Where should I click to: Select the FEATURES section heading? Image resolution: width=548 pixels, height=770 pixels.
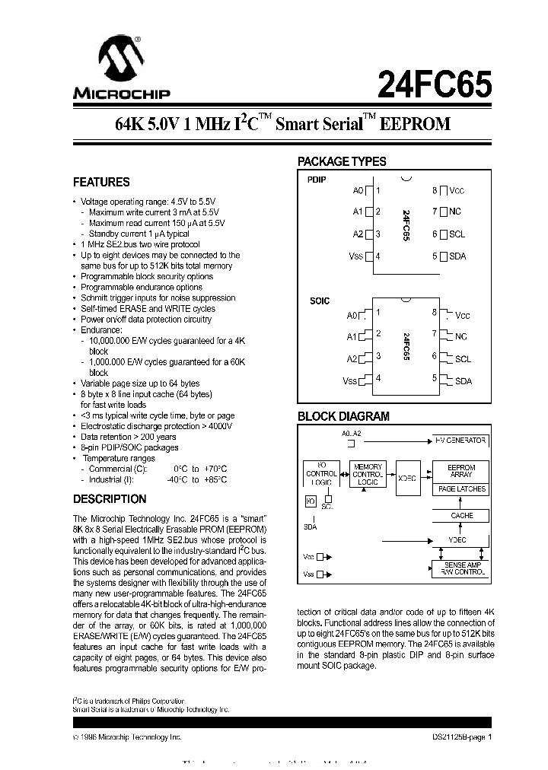pyautogui.click(x=100, y=183)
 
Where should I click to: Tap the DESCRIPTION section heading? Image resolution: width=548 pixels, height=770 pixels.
pyautogui.click(x=109, y=499)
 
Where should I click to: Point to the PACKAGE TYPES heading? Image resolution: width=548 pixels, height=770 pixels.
pyautogui.click(x=341, y=161)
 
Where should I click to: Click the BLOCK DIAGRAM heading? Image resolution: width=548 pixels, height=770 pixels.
pyautogui.click(x=342, y=416)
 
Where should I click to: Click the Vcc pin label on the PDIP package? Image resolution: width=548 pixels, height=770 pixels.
pyautogui.click(x=457, y=191)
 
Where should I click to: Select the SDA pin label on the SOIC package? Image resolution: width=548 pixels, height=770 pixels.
pyautogui.click(x=463, y=380)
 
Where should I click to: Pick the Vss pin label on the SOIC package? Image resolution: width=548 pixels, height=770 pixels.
pyautogui.click(x=350, y=380)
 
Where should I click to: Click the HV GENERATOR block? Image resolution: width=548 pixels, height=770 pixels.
pyautogui.click(x=460, y=441)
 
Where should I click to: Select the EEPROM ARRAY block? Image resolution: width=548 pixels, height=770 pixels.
pyautogui.click(x=460, y=471)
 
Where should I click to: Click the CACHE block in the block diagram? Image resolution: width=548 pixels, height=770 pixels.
pyautogui.click(x=461, y=515)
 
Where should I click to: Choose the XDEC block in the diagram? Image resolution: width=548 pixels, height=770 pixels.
pyautogui.click(x=408, y=479)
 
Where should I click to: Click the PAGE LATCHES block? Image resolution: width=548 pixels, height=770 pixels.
pyautogui.click(x=461, y=489)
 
